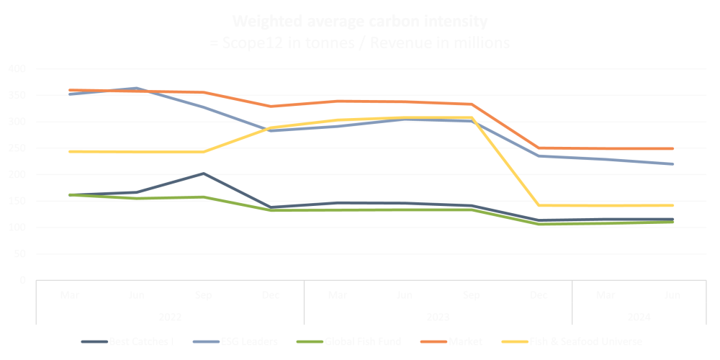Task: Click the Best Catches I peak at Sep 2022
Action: (x=204, y=174)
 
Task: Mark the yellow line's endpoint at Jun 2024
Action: (x=672, y=205)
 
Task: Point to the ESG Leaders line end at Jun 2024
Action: (x=672, y=164)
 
